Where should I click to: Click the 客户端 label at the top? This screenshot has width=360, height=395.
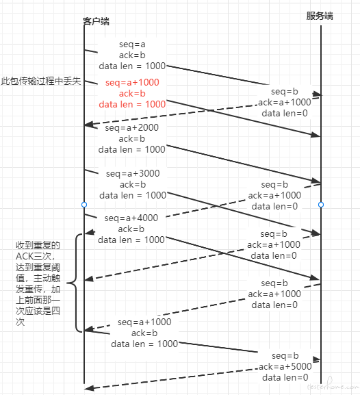(x=96, y=21)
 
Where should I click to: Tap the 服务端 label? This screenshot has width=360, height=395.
(x=320, y=16)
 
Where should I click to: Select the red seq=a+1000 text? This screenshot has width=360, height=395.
(x=132, y=82)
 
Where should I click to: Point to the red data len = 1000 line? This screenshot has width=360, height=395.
(x=132, y=104)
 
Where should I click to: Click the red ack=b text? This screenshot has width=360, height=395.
(x=132, y=94)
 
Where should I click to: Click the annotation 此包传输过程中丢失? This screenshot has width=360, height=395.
(x=41, y=81)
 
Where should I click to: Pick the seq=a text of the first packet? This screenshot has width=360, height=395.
(x=132, y=44)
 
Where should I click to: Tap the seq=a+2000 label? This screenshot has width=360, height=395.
(x=132, y=128)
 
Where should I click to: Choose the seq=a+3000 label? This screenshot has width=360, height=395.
(x=133, y=174)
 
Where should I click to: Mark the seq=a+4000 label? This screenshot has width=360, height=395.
(x=131, y=218)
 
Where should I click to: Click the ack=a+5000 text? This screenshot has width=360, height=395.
(x=285, y=366)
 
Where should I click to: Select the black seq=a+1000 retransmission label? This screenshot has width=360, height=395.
(x=144, y=322)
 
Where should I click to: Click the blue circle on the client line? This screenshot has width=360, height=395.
(x=84, y=205)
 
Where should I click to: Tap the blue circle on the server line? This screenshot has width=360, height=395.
(x=321, y=205)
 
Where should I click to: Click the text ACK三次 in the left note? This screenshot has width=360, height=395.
(x=34, y=256)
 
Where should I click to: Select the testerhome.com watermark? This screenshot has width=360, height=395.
(x=333, y=386)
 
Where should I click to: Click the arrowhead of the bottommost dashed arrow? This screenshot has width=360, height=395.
(x=89, y=388)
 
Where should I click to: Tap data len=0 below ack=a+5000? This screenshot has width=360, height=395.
(x=285, y=377)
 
